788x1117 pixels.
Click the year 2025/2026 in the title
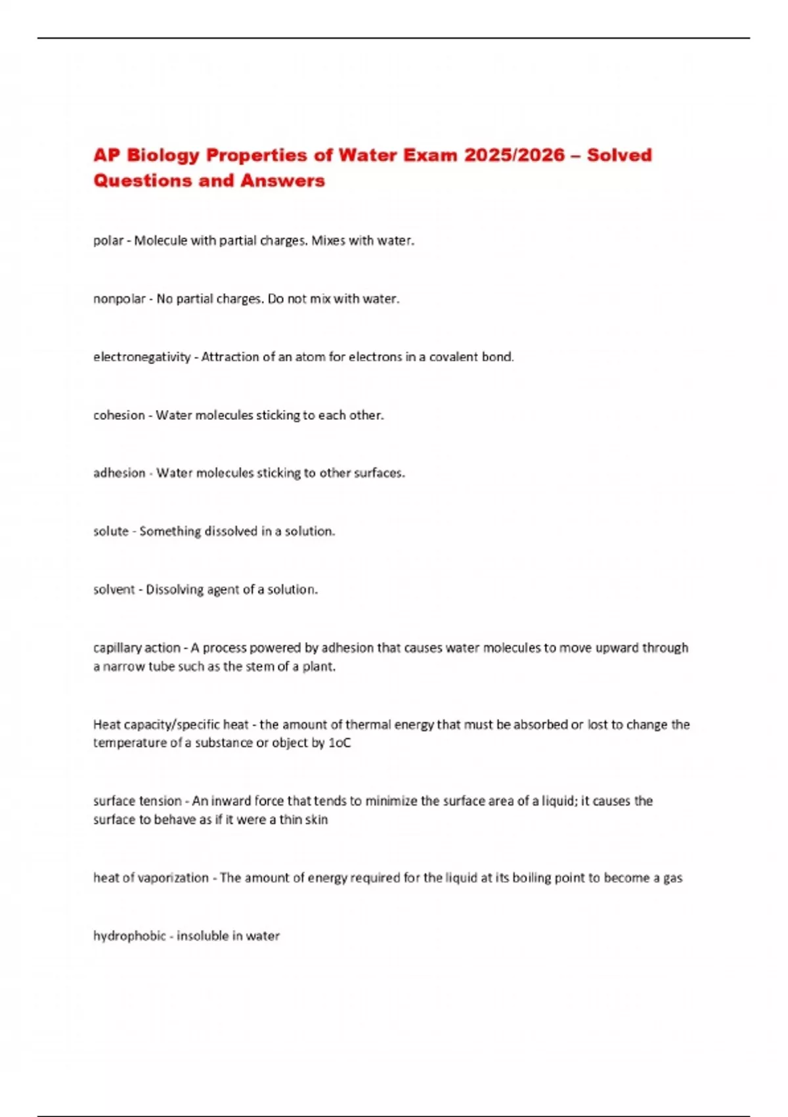click(514, 155)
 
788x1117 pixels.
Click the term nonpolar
click(120, 299)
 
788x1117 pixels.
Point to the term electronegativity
click(142, 357)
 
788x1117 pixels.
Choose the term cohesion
click(119, 415)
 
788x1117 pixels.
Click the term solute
click(111, 531)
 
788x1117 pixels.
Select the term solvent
click(114, 589)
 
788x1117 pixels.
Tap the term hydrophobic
click(129, 936)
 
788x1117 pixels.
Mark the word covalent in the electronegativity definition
click(454, 357)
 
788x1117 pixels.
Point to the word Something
click(170, 531)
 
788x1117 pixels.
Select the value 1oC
click(339, 742)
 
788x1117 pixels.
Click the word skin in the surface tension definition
click(316, 819)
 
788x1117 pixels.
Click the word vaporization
click(173, 878)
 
